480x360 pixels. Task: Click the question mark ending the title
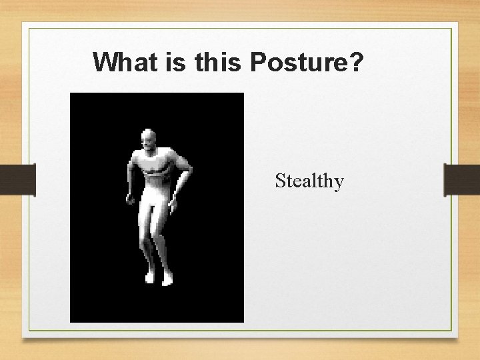click(x=356, y=62)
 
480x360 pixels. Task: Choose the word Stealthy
click(x=309, y=181)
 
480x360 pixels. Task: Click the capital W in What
click(x=105, y=62)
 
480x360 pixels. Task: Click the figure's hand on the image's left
click(x=131, y=199)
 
